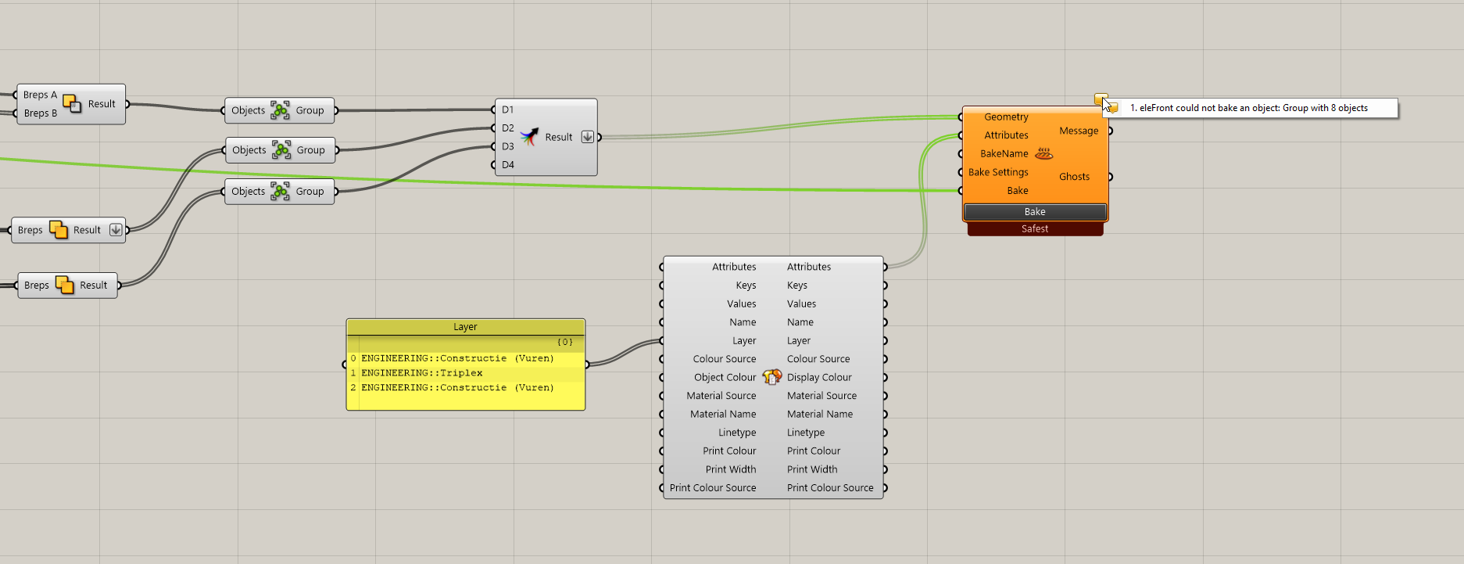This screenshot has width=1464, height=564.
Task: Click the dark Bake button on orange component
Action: tap(1035, 212)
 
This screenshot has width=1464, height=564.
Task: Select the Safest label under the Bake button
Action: tap(1035, 229)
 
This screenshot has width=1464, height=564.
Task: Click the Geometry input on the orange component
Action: tap(1006, 117)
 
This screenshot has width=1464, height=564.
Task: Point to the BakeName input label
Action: tap(1004, 154)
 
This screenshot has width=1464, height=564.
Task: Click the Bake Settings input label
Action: tap(998, 172)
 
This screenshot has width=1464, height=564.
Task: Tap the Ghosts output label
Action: tap(1074, 177)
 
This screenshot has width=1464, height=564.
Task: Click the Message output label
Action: tap(1079, 131)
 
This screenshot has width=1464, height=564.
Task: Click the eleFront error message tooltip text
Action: tap(1248, 108)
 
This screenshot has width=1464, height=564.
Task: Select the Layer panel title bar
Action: tap(465, 327)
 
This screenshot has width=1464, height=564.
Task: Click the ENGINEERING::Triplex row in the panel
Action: tap(422, 373)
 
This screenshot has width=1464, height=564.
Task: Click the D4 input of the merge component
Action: tap(508, 165)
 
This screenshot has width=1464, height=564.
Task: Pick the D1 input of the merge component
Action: tap(508, 110)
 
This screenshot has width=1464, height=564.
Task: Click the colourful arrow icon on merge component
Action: tap(529, 137)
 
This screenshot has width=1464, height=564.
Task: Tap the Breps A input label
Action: tap(40, 95)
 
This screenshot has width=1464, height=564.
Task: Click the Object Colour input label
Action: tap(725, 377)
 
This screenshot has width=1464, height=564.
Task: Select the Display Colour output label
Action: tap(819, 377)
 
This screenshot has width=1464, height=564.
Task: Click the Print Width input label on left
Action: tap(730, 469)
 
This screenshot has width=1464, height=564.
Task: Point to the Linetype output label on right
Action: tap(806, 433)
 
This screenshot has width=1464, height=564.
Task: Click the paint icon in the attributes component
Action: tap(772, 377)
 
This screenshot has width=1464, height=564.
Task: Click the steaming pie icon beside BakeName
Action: tap(1043, 153)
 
